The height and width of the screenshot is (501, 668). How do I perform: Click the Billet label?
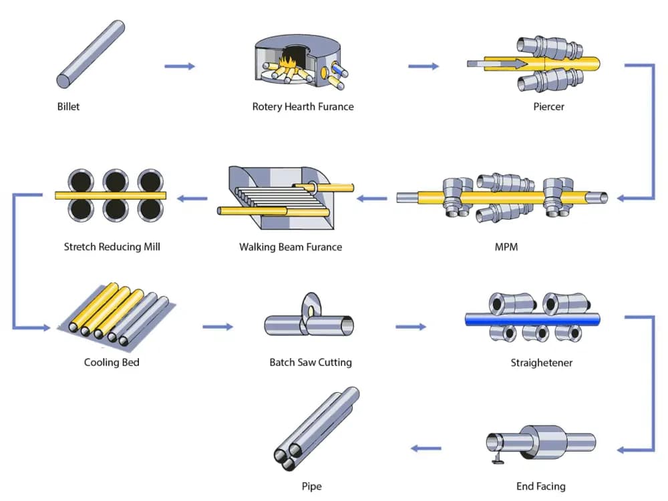68,106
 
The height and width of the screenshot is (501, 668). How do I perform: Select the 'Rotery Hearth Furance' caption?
303,106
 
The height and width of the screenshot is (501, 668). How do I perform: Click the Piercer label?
549,106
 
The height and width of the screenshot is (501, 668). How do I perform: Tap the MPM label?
506,246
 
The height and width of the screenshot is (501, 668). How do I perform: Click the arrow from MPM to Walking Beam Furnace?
372,198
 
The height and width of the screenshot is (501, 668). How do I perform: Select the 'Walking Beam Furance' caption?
291,246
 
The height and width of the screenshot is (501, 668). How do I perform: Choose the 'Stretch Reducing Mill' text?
112,246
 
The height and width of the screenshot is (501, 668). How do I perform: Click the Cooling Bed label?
112,362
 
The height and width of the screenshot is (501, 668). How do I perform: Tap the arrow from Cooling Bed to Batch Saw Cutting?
218,327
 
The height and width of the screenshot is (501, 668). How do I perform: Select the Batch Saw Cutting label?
311,362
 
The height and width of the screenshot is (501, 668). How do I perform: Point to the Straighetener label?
542,363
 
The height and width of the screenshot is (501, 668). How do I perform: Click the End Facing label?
540,486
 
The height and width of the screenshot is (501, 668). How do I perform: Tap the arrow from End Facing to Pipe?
426,448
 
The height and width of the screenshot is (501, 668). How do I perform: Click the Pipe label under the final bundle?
311,486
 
